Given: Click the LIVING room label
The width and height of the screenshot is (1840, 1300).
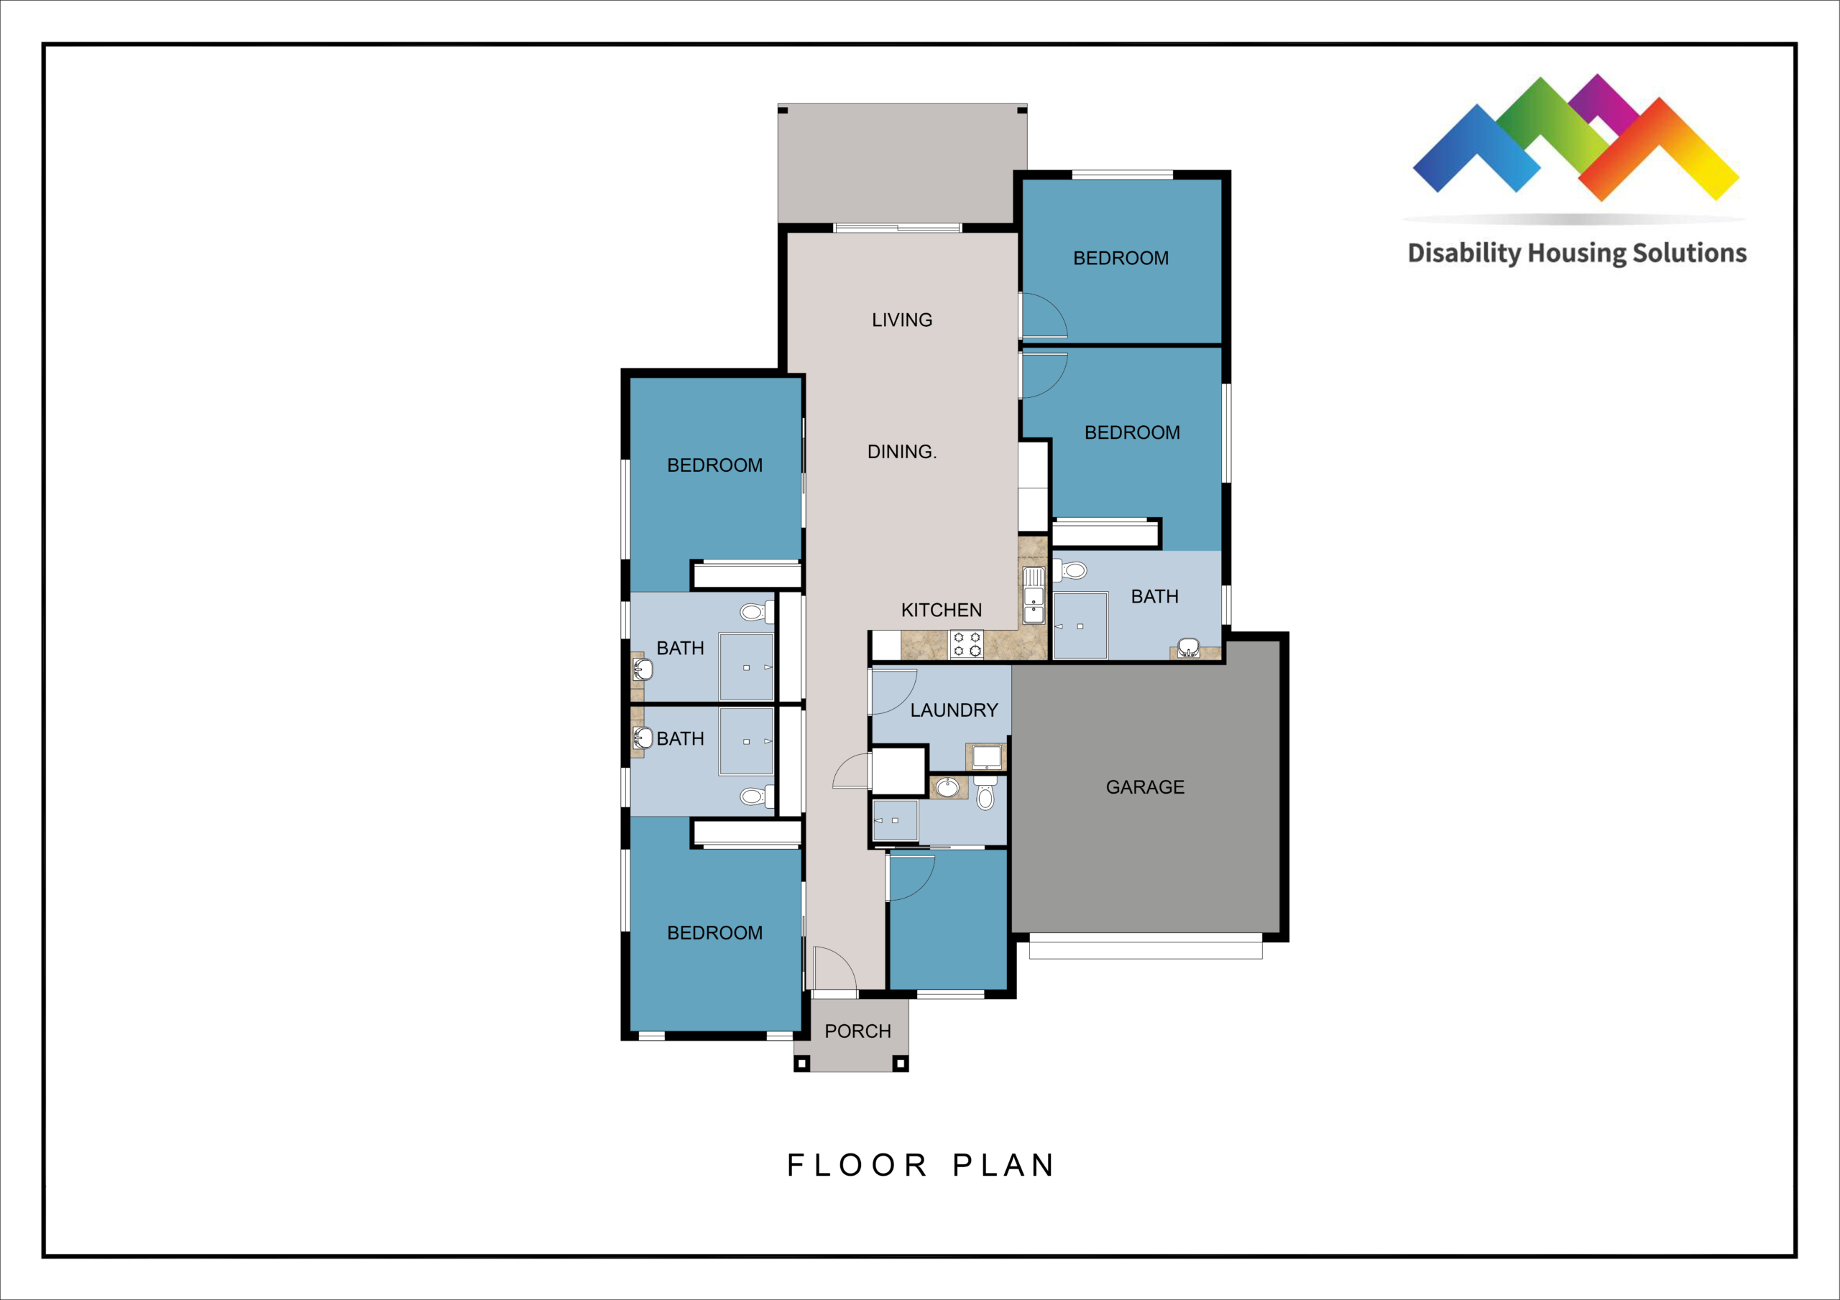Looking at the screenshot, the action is click(x=901, y=320).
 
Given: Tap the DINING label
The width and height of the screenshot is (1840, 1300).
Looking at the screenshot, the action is click(x=901, y=452).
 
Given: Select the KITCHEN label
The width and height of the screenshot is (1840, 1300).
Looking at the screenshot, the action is click(x=941, y=610).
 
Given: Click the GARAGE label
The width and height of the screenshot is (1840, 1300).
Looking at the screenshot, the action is click(x=1145, y=787).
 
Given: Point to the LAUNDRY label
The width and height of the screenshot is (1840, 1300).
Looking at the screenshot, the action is click(x=954, y=710).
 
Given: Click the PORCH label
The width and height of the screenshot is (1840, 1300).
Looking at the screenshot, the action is click(x=857, y=1031).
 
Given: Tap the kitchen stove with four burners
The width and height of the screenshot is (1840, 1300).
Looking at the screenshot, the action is click(x=967, y=645).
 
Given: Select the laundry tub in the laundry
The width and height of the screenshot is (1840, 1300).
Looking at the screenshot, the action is click(x=985, y=756).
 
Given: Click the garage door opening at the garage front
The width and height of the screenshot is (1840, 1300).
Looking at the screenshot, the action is click(x=1145, y=946).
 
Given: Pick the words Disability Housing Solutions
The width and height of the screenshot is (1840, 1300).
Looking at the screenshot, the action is click(x=1577, y=253).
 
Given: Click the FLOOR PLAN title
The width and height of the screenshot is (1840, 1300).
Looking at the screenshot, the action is click(x=920, y=1166).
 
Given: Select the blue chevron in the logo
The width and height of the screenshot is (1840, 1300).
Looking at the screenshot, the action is click(x=1476, y=149).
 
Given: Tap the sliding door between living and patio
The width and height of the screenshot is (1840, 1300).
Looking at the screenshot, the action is click(x=898, y=228).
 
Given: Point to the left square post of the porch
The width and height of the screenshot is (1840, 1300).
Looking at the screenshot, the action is click(x=801, y=1064).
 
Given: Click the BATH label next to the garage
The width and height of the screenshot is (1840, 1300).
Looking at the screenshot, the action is click(x=1154, y=597).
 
